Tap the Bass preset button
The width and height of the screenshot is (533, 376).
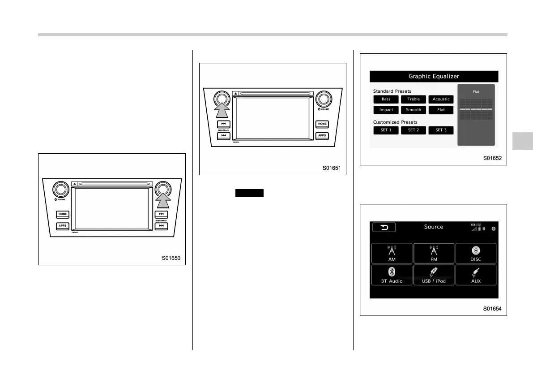coord(386,99)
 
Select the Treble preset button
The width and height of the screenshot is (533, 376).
coord(414,99)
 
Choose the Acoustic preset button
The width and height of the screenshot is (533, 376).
coord(441,99)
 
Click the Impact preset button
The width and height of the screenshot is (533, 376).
coord(386,110)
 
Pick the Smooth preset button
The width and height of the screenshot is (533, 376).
coord(414,110)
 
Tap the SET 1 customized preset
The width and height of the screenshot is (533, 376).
coord(386,130)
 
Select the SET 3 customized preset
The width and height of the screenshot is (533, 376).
coord(441,130)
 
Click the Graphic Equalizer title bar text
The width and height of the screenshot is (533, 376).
coord(434,76)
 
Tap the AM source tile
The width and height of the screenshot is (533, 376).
coord(392,253)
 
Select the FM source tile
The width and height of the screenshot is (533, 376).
coord(434,253)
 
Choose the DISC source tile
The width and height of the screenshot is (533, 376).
coord(476,253)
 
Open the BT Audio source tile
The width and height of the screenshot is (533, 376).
coord(392,275)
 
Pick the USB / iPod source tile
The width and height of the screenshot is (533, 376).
coord(434,275)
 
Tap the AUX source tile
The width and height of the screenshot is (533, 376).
coord(476,275)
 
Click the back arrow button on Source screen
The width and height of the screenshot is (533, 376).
coord(384,227)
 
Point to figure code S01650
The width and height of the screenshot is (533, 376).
coord(174,258)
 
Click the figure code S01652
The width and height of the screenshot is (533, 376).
coord(495,158)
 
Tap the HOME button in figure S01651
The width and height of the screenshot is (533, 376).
coord(322,124)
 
